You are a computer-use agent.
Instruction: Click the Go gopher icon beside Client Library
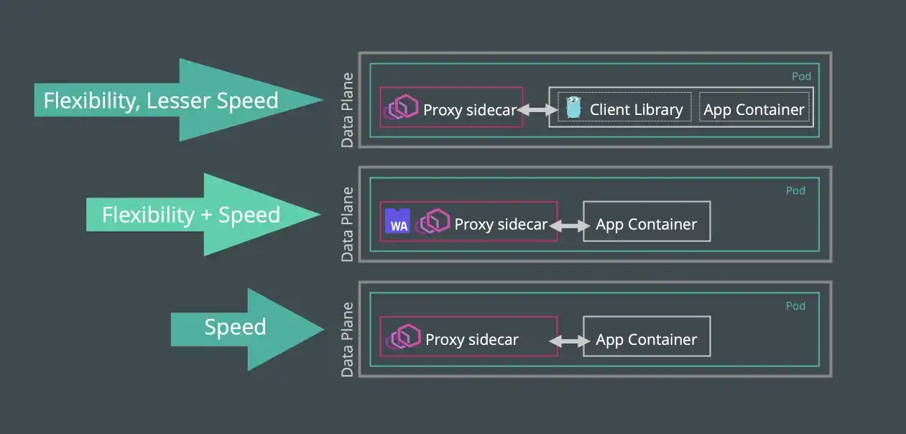point(573,108)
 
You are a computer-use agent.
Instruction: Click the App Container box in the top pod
point(754,108)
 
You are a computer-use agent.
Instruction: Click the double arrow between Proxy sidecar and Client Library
point(537,110)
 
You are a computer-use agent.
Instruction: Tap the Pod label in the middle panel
point(795,191)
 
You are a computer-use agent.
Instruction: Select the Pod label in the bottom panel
point(795,306)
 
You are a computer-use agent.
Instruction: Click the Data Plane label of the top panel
point(348,110)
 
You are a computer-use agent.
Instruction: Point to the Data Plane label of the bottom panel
point(348,339)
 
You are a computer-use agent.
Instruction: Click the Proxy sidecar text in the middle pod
point(501,224)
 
